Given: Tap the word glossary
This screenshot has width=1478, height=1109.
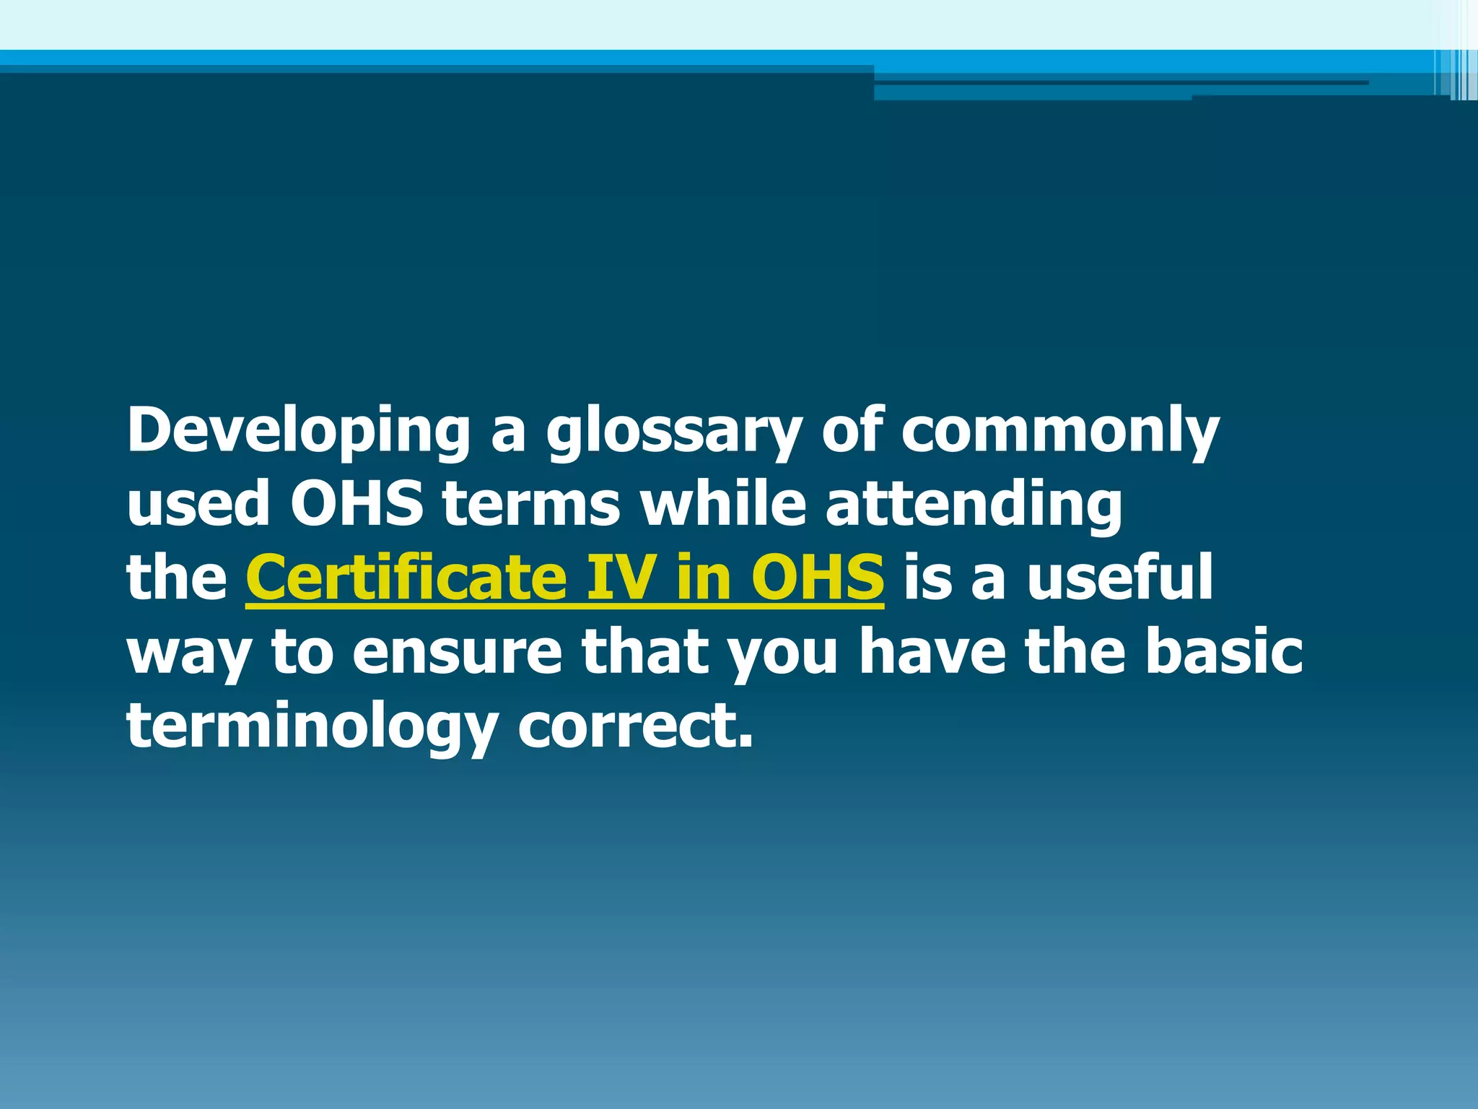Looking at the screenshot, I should (x=673, y=431).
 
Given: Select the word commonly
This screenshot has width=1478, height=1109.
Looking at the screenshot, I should (x=1059, y=431).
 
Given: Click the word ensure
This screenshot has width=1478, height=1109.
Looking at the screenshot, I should (x=457, y=652).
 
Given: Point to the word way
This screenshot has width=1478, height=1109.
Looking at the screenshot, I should (x=189, y=653).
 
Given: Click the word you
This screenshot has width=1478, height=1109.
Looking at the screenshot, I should (x=782, y=653).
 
